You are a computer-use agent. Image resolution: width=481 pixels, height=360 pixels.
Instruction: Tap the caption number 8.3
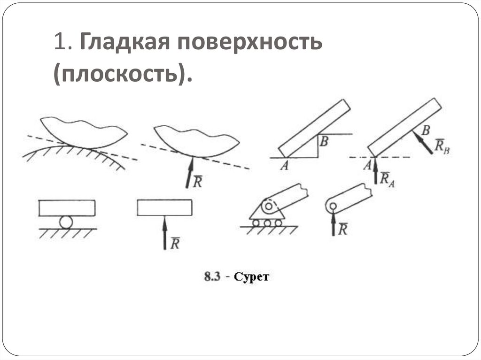coord(210,277)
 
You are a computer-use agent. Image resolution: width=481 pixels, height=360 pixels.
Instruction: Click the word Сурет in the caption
coord(253,277)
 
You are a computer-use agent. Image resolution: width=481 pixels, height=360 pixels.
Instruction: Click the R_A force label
coord(388,179)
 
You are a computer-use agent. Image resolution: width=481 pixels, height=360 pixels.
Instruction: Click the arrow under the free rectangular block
coord(164,233)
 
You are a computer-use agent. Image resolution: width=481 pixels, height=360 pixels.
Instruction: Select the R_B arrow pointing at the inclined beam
coord(422,142)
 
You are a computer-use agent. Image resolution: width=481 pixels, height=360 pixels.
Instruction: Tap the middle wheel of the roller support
coord(267,223)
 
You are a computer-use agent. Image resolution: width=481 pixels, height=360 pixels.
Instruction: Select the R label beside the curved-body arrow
coord(198,182)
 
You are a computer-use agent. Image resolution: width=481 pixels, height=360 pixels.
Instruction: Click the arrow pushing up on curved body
coord(190,173)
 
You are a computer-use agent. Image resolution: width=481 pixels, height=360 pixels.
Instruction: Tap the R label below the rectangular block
coord(175,243)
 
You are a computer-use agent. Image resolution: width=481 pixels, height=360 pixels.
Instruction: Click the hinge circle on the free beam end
coord(332,206)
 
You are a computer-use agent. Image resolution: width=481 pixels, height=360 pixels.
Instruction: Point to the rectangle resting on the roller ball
coord(67,208)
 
